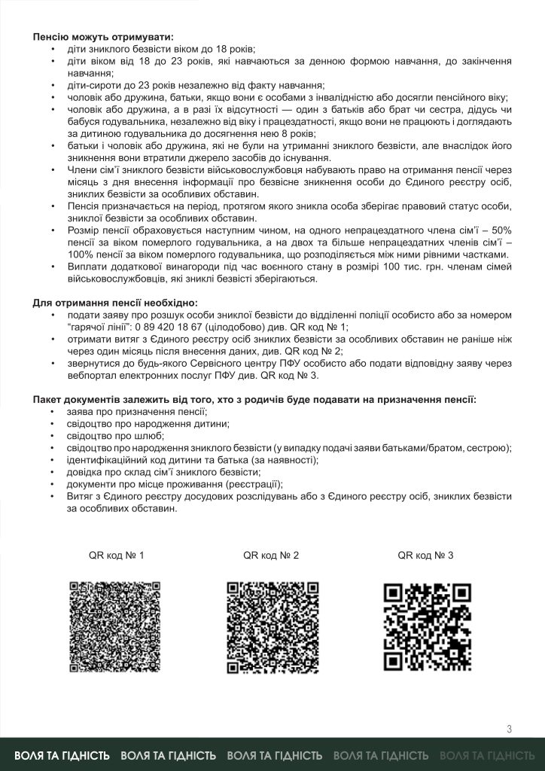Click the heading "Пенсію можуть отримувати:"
[x=102, y=37]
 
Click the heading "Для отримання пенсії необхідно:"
[x=115, y=303]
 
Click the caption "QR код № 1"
[x=116, y=556]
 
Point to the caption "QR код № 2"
[x=271, y=556]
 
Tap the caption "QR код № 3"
[x=425, y=556]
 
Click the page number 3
[x=510, y=728]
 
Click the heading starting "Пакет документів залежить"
[x=254, y=399]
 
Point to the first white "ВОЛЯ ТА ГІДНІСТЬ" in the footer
[x=62, y=755]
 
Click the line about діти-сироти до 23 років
[x=195, y=85]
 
